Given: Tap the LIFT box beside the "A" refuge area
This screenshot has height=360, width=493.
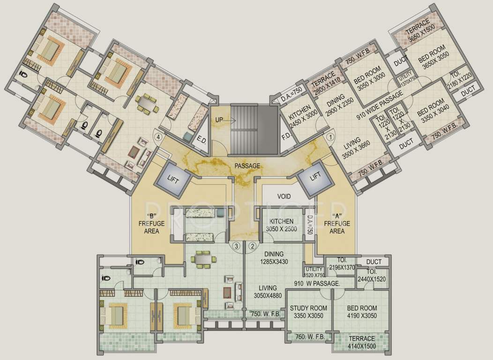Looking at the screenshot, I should click(315, 176).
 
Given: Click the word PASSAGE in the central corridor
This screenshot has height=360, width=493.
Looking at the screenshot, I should click(247, 165).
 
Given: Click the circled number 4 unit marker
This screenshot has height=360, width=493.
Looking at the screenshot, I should click(159, 137).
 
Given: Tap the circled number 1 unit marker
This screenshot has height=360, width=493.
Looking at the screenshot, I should click(330, 137).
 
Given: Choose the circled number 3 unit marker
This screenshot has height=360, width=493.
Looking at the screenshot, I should click(237, 245).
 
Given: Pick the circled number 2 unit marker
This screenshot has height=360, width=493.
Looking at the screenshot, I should click(252, 245).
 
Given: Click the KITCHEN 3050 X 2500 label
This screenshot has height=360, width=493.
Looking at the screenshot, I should click(281, 225).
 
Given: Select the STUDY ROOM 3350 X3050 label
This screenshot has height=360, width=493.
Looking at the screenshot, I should click(308, 311).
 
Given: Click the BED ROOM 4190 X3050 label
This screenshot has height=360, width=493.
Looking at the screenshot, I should click(362, 311).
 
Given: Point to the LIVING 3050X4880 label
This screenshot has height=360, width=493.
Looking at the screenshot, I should click(265, 292).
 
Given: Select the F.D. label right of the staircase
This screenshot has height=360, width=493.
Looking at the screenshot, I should click(286, 137).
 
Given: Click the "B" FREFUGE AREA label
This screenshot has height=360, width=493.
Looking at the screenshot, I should click(151, 224).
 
